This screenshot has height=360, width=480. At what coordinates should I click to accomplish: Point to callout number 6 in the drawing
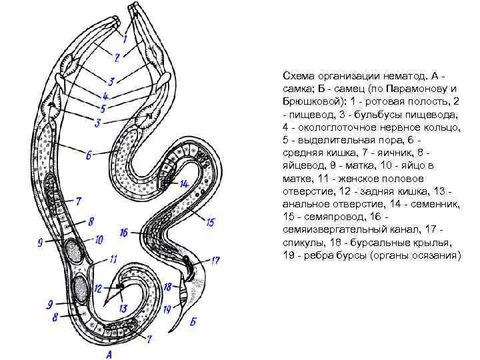[x=89, y=155]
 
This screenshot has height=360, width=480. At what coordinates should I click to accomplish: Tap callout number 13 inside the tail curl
[x=122, y=308]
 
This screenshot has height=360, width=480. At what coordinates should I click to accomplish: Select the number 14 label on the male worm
[x=184, y=183]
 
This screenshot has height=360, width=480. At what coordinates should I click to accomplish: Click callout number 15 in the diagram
[x=211, y=221]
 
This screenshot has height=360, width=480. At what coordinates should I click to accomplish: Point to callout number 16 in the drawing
[x=124, y=232]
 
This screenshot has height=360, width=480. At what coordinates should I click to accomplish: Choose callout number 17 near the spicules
[x=215, y=261]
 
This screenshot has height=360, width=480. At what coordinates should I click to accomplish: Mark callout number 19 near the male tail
[x=167, y=309]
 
